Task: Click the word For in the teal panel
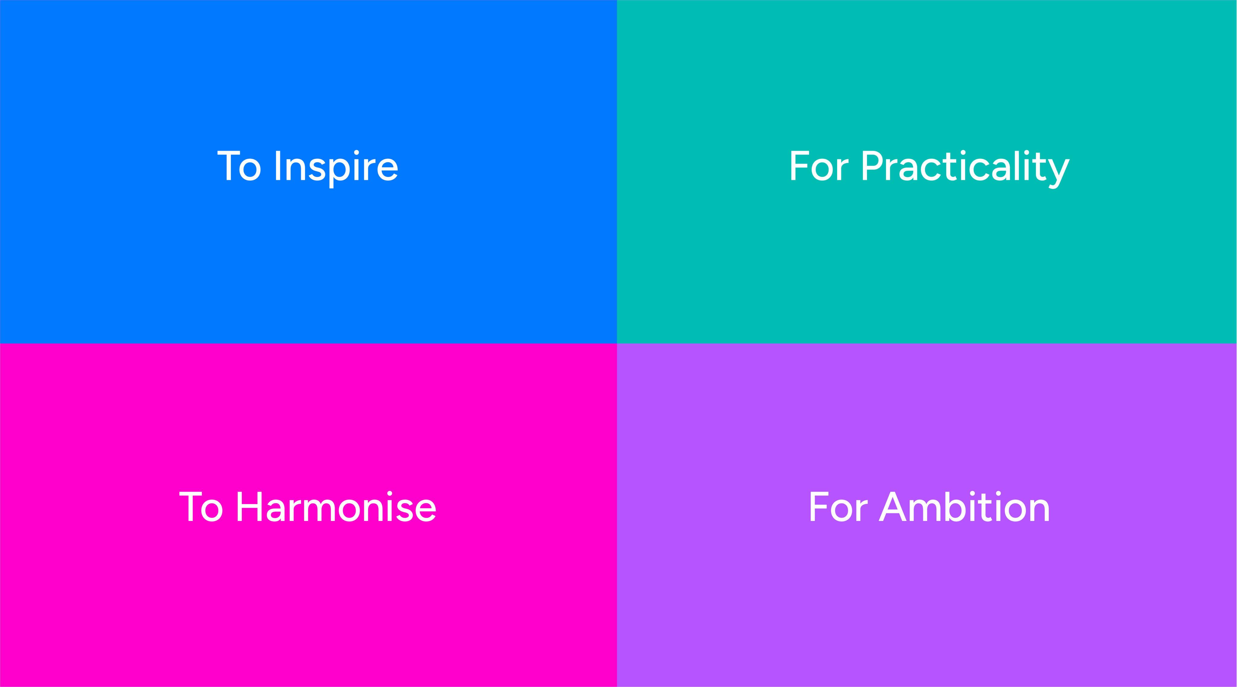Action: pyautogui.click(x=819, y=166)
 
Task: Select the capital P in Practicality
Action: pyautogui.click(x=872, y=166)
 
